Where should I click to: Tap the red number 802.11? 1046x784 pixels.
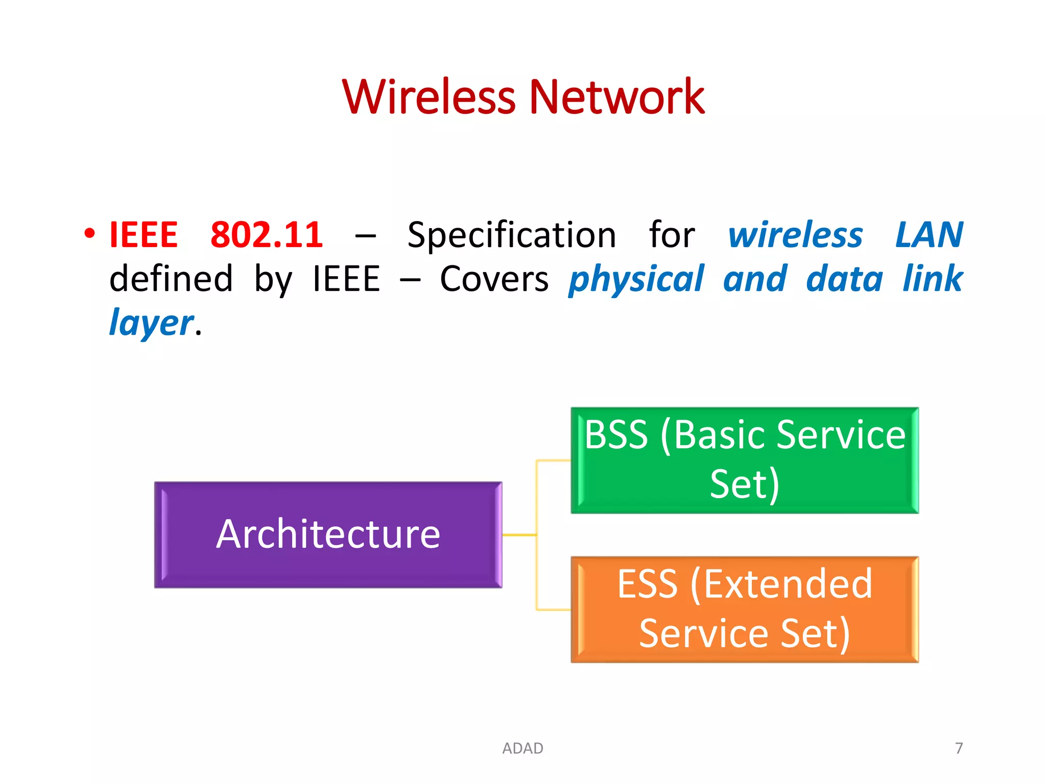pos(267,235)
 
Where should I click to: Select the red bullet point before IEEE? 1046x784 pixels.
pos(90,234)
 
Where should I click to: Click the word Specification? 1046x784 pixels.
pos(512,235)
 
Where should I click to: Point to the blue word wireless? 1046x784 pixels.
pos(795,235)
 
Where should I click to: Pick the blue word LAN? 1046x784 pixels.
pos(929,235)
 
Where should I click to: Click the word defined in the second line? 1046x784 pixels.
pos(171,279)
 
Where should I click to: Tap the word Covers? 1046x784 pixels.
pos(494,279)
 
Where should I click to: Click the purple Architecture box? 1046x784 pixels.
pos(328,534)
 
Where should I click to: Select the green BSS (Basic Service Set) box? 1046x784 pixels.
pos(744,460)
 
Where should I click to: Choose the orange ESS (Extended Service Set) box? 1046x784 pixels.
pos(744,609)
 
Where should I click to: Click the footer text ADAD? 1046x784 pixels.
pos(522,748)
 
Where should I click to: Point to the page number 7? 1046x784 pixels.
pos(959,748)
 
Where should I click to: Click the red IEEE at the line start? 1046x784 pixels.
pos(144,235)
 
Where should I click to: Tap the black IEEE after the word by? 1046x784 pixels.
pos(346,279)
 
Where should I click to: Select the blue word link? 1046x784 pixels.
pos(932,279)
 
